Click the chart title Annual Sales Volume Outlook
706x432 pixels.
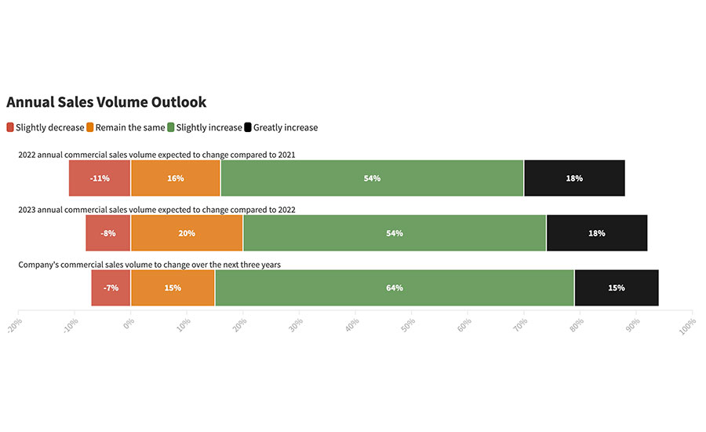pos(107,102)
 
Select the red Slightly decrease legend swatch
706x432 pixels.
pos(10,127)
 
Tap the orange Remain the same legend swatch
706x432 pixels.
pos(90,127)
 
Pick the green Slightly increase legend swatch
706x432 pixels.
pos(171,127)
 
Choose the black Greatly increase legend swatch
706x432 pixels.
pos(248,127)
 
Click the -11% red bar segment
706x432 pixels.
pos(100,178)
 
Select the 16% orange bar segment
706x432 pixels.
pos(176,178)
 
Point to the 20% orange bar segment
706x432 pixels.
pos(187,233)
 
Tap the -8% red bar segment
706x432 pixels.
pos(108,233)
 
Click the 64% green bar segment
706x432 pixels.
pos(395,287)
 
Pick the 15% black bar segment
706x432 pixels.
pos(617,287)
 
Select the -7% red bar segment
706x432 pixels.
pos(111,287)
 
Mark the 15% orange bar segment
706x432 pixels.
pos(173,287)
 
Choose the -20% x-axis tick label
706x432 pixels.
pos(15,324)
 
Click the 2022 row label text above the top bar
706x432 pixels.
pos(156,155)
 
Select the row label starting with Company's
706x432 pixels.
pos(149,265)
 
